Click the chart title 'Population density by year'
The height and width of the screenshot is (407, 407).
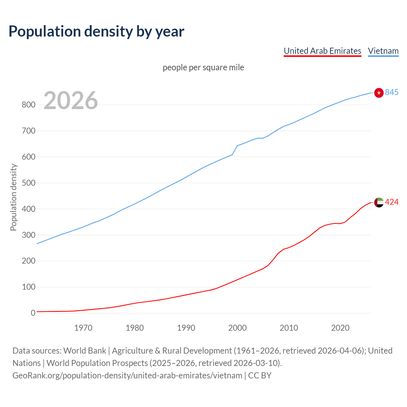(96, 31)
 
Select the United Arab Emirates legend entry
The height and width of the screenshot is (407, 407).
(322, 51)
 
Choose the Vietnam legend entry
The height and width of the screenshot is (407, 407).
(383, 51)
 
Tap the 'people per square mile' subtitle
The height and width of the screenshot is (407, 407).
(203, 67)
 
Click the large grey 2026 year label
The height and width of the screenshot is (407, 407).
(71, 100)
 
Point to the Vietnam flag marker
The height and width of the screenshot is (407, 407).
(379, 93)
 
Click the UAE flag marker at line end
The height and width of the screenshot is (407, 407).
(379, 202)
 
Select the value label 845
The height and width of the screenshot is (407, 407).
(392, 92)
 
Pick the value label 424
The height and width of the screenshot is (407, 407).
(392, 202)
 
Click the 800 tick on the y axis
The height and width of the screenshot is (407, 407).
(28, 105)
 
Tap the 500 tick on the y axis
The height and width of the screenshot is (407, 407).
(28, 183)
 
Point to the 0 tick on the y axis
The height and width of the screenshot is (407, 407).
(33, 313)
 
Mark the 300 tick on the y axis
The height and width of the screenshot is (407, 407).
(28, 235)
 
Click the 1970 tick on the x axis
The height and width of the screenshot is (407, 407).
(83, 328)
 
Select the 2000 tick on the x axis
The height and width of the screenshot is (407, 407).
(238, 328)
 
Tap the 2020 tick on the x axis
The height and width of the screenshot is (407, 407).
(340, 328)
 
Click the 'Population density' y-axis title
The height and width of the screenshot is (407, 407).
(13, 197)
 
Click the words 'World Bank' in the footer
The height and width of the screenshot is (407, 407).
(85, 351)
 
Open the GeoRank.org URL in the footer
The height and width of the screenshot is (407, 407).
(127, 376)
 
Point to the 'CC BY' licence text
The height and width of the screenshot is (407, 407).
(260, 376)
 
